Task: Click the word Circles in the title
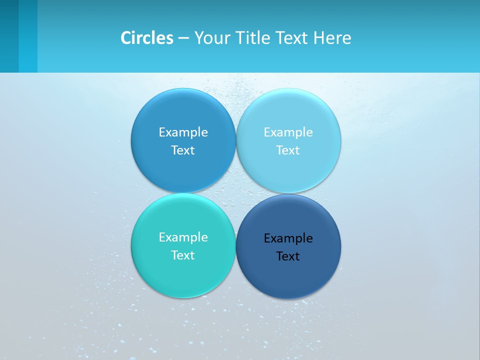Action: click(146, 38)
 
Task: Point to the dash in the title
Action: click(183, 38)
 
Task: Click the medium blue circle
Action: click(183, 115)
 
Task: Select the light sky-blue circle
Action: click(288, 115)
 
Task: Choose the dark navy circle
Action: click(288, 277)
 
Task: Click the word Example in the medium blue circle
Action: click(183, 132)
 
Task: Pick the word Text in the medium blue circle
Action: click(183, 150)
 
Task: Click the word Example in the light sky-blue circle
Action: click(288, 132)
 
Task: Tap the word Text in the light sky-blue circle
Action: click(288, 150)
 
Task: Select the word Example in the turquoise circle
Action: click(183, 237)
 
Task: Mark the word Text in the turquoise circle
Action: click(183, 255)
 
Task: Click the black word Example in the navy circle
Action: click(288, 238)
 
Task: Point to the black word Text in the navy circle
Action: click(288, 256)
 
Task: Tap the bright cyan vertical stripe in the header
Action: click(28, 36)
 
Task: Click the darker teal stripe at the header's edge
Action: click(9, 36)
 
